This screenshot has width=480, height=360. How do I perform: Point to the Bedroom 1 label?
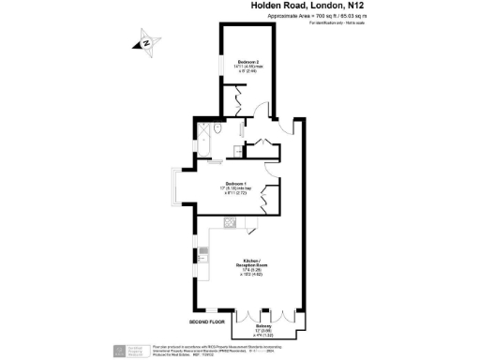tap(236, 183)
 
